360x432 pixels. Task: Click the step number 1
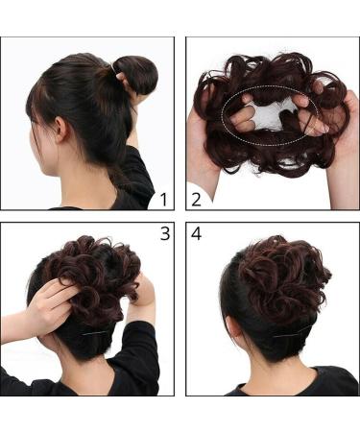[164, 200]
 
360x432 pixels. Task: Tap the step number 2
[196, 200]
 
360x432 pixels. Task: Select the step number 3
[165, 233]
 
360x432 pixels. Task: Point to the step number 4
[196, 233]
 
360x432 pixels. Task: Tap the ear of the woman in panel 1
[60, 130]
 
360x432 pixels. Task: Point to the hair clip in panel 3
[94, 334]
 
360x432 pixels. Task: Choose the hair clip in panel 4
[292, 332]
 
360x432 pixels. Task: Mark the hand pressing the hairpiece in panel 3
[53, 300]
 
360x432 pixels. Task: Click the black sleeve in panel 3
[141, 358]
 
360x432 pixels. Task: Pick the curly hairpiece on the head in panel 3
[96, 276]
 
